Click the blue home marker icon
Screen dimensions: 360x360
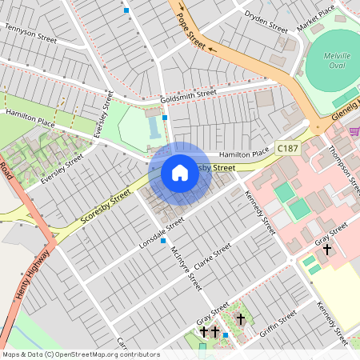(180, 173)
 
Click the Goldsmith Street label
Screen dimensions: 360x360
(188, 96)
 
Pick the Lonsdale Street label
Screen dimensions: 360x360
(162, 231)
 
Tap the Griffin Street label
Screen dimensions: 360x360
(278, 322)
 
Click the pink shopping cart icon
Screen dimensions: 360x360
(354, 131)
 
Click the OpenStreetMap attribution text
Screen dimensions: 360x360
(80, 354)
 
